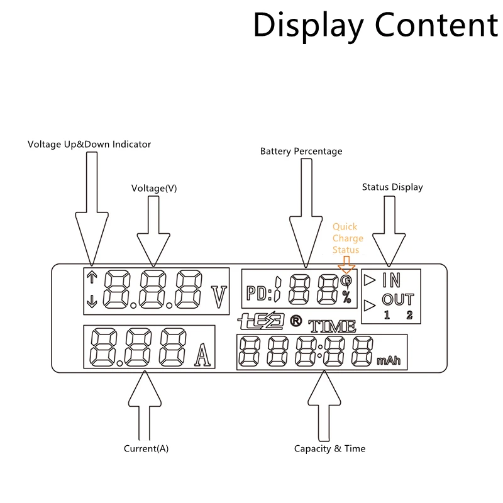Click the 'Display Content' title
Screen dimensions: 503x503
375,26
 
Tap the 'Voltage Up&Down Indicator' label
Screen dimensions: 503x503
89,145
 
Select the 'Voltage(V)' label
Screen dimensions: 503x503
154,188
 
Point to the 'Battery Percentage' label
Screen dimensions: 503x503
301,151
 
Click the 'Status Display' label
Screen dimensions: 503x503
392,187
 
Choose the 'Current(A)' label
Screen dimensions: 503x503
146,448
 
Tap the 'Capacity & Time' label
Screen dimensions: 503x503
329,448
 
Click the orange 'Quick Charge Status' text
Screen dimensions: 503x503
348,238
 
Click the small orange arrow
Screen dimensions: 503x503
346,265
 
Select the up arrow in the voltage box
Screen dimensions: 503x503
92,277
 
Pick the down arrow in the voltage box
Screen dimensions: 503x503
92,302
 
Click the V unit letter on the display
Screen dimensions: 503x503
219,297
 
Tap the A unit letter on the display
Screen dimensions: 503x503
202,355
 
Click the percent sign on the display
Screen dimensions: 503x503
346,297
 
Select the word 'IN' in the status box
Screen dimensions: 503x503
391,280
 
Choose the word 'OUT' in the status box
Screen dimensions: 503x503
398,300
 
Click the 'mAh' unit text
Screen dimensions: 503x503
389,360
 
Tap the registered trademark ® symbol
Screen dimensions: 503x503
296,321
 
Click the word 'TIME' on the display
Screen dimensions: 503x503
332,326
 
